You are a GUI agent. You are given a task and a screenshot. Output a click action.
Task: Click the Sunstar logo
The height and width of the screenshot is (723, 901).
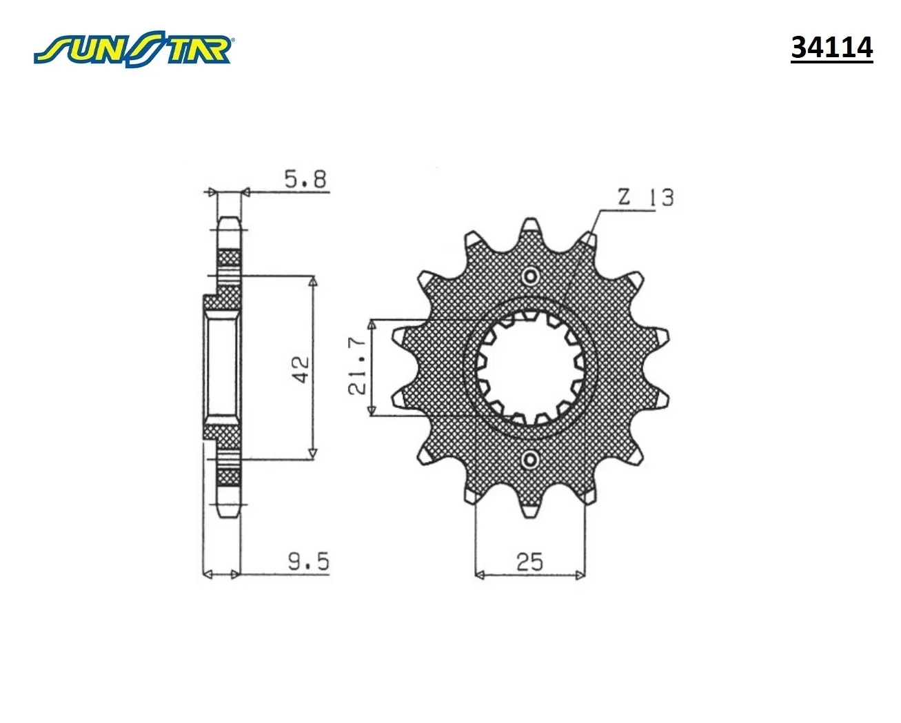(133, 49)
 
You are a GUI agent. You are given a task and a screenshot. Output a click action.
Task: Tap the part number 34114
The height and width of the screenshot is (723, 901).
(831, 48)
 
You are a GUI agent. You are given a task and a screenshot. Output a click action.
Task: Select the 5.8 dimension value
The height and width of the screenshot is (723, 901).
(305, 180)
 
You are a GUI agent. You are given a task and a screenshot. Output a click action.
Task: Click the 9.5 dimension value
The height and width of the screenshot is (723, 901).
(309, 562)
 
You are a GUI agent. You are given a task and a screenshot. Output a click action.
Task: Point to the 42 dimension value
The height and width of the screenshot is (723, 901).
(300, 369)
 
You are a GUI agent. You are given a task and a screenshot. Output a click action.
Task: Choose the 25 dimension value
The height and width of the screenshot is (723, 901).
(529, 562)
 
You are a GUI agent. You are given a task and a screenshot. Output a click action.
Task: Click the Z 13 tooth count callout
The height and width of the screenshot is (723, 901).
(646, 197)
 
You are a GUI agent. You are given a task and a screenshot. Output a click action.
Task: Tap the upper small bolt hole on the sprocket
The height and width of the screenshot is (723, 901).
(531, 276)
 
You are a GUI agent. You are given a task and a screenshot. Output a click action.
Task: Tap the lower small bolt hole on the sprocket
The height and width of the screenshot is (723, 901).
(531, 460)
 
